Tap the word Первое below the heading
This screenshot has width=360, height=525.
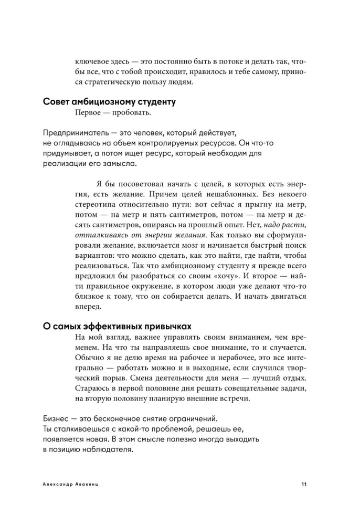[x=90, y=113]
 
